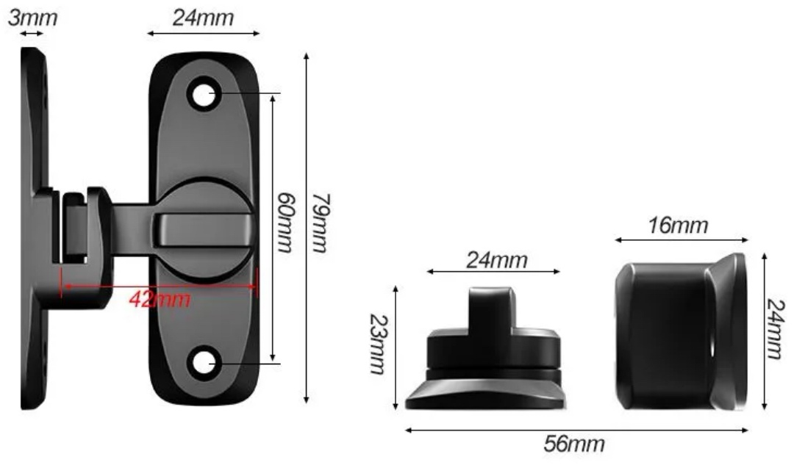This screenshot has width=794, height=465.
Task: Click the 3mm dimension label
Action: click(32, 18)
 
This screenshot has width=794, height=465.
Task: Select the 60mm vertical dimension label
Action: click(284, 222)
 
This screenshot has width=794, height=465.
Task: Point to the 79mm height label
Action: click(320, 222)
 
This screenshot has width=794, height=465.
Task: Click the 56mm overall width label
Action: click(574, 444)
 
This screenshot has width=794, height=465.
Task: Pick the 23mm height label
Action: click(379, 344)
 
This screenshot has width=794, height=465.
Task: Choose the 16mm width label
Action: click(678, 226)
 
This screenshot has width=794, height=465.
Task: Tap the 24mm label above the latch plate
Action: click(203, 18)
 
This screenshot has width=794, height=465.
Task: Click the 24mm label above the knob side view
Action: click(497, 260)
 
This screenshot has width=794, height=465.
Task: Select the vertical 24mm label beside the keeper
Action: click(776, 328)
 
